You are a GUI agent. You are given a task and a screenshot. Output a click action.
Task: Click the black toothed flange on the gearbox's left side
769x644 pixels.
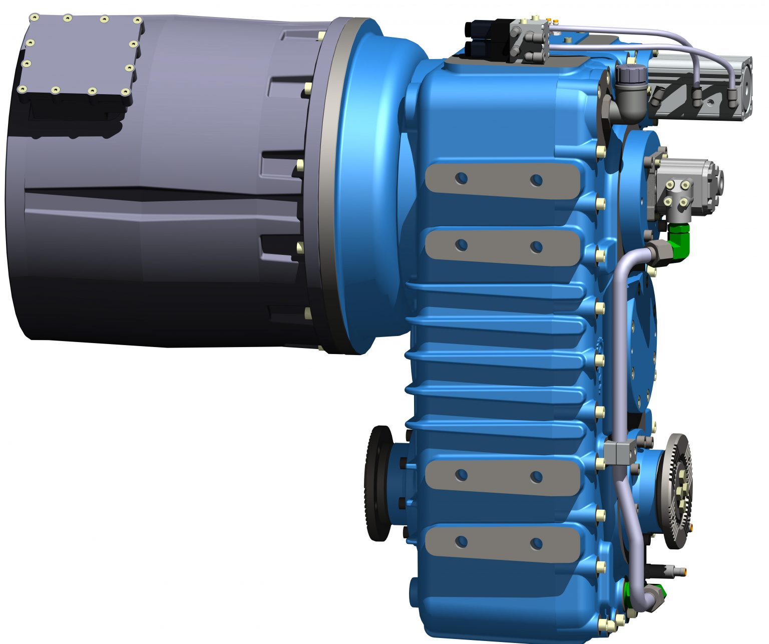point(378,483)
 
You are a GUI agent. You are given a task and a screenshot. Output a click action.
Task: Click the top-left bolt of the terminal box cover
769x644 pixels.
point(35,18)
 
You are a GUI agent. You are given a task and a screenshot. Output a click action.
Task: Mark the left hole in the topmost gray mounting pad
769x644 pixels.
point(462,178)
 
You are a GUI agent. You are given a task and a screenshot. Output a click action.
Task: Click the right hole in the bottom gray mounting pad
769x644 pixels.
point(536,543)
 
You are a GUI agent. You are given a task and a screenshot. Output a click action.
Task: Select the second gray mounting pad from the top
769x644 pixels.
point(501,246)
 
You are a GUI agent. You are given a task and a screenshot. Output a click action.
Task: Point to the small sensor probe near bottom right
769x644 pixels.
point(668,569)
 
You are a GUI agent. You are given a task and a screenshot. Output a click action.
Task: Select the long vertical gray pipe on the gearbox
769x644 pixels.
point(616,351)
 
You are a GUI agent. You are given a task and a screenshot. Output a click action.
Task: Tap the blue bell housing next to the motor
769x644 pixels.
point(370,185)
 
